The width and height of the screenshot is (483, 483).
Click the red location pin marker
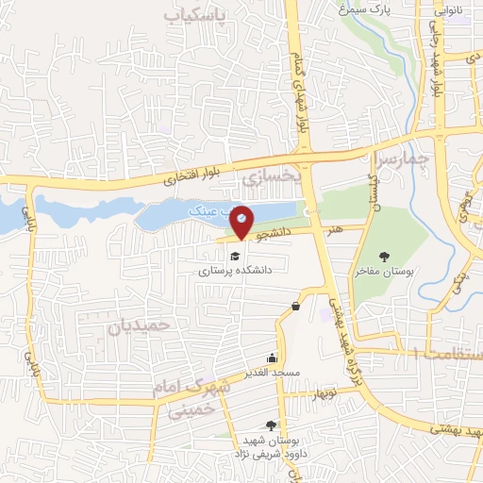coord(242,221)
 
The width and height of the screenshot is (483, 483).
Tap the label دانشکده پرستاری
coord(234,270)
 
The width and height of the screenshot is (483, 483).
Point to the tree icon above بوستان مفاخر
coord(384,256)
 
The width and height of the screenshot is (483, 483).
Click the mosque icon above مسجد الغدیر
coord(273,358)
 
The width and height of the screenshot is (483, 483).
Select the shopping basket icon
coord(296,306)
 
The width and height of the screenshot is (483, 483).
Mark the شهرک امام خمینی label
coord(189,397)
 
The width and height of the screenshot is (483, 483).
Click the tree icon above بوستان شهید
coord(272,426)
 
